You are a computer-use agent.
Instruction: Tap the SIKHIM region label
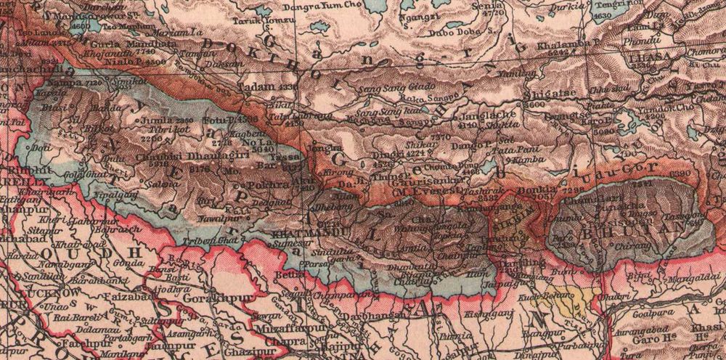(x=513, y=211)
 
